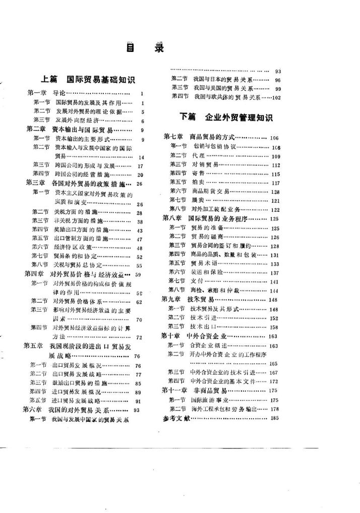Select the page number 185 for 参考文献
point(274,418)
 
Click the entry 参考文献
point(176,418)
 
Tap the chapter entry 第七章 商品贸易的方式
point(202,138)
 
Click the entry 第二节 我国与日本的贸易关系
point(217,79)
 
